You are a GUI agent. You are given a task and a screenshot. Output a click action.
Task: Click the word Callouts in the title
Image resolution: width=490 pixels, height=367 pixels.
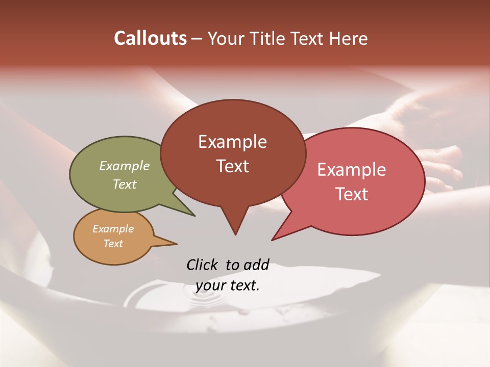[150, 39]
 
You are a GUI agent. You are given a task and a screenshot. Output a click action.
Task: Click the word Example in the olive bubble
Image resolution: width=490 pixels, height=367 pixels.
[125, 166]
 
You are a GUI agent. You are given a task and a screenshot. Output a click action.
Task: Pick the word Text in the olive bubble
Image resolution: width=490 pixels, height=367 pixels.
[125, 184]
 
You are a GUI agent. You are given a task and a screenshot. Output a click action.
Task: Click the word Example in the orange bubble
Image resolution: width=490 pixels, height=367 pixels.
[113, 229]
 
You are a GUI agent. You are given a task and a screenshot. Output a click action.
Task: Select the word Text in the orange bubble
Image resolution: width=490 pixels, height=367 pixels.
[113, 244]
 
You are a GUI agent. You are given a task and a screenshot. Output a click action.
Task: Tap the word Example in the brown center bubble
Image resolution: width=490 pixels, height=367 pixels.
[232, 142]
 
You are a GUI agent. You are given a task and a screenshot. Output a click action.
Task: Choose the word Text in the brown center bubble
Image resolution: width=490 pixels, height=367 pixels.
[232, 166]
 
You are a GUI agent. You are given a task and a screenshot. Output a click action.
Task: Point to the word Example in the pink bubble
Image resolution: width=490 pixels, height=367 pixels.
[352, 170]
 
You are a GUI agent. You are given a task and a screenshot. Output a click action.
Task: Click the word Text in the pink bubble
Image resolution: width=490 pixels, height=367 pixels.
[352, 194]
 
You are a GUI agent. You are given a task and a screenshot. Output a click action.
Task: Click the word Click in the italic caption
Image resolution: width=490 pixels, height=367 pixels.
[203, 265]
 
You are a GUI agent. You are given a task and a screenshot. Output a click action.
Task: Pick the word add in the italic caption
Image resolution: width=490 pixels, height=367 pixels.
[256, 265]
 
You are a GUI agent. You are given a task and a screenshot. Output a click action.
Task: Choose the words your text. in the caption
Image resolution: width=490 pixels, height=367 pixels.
[228, 285]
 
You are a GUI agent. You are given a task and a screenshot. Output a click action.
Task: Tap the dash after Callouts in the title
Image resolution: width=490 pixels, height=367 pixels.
[197, 39]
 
